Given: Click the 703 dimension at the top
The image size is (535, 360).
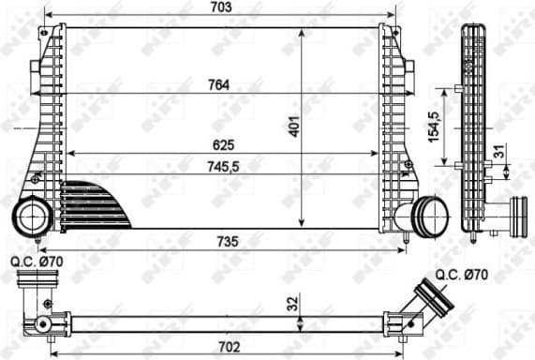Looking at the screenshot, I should pos(221,7).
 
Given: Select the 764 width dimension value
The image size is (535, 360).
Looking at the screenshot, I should pos(220,85).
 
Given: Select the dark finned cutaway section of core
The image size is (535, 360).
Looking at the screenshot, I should pos(94,202).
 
